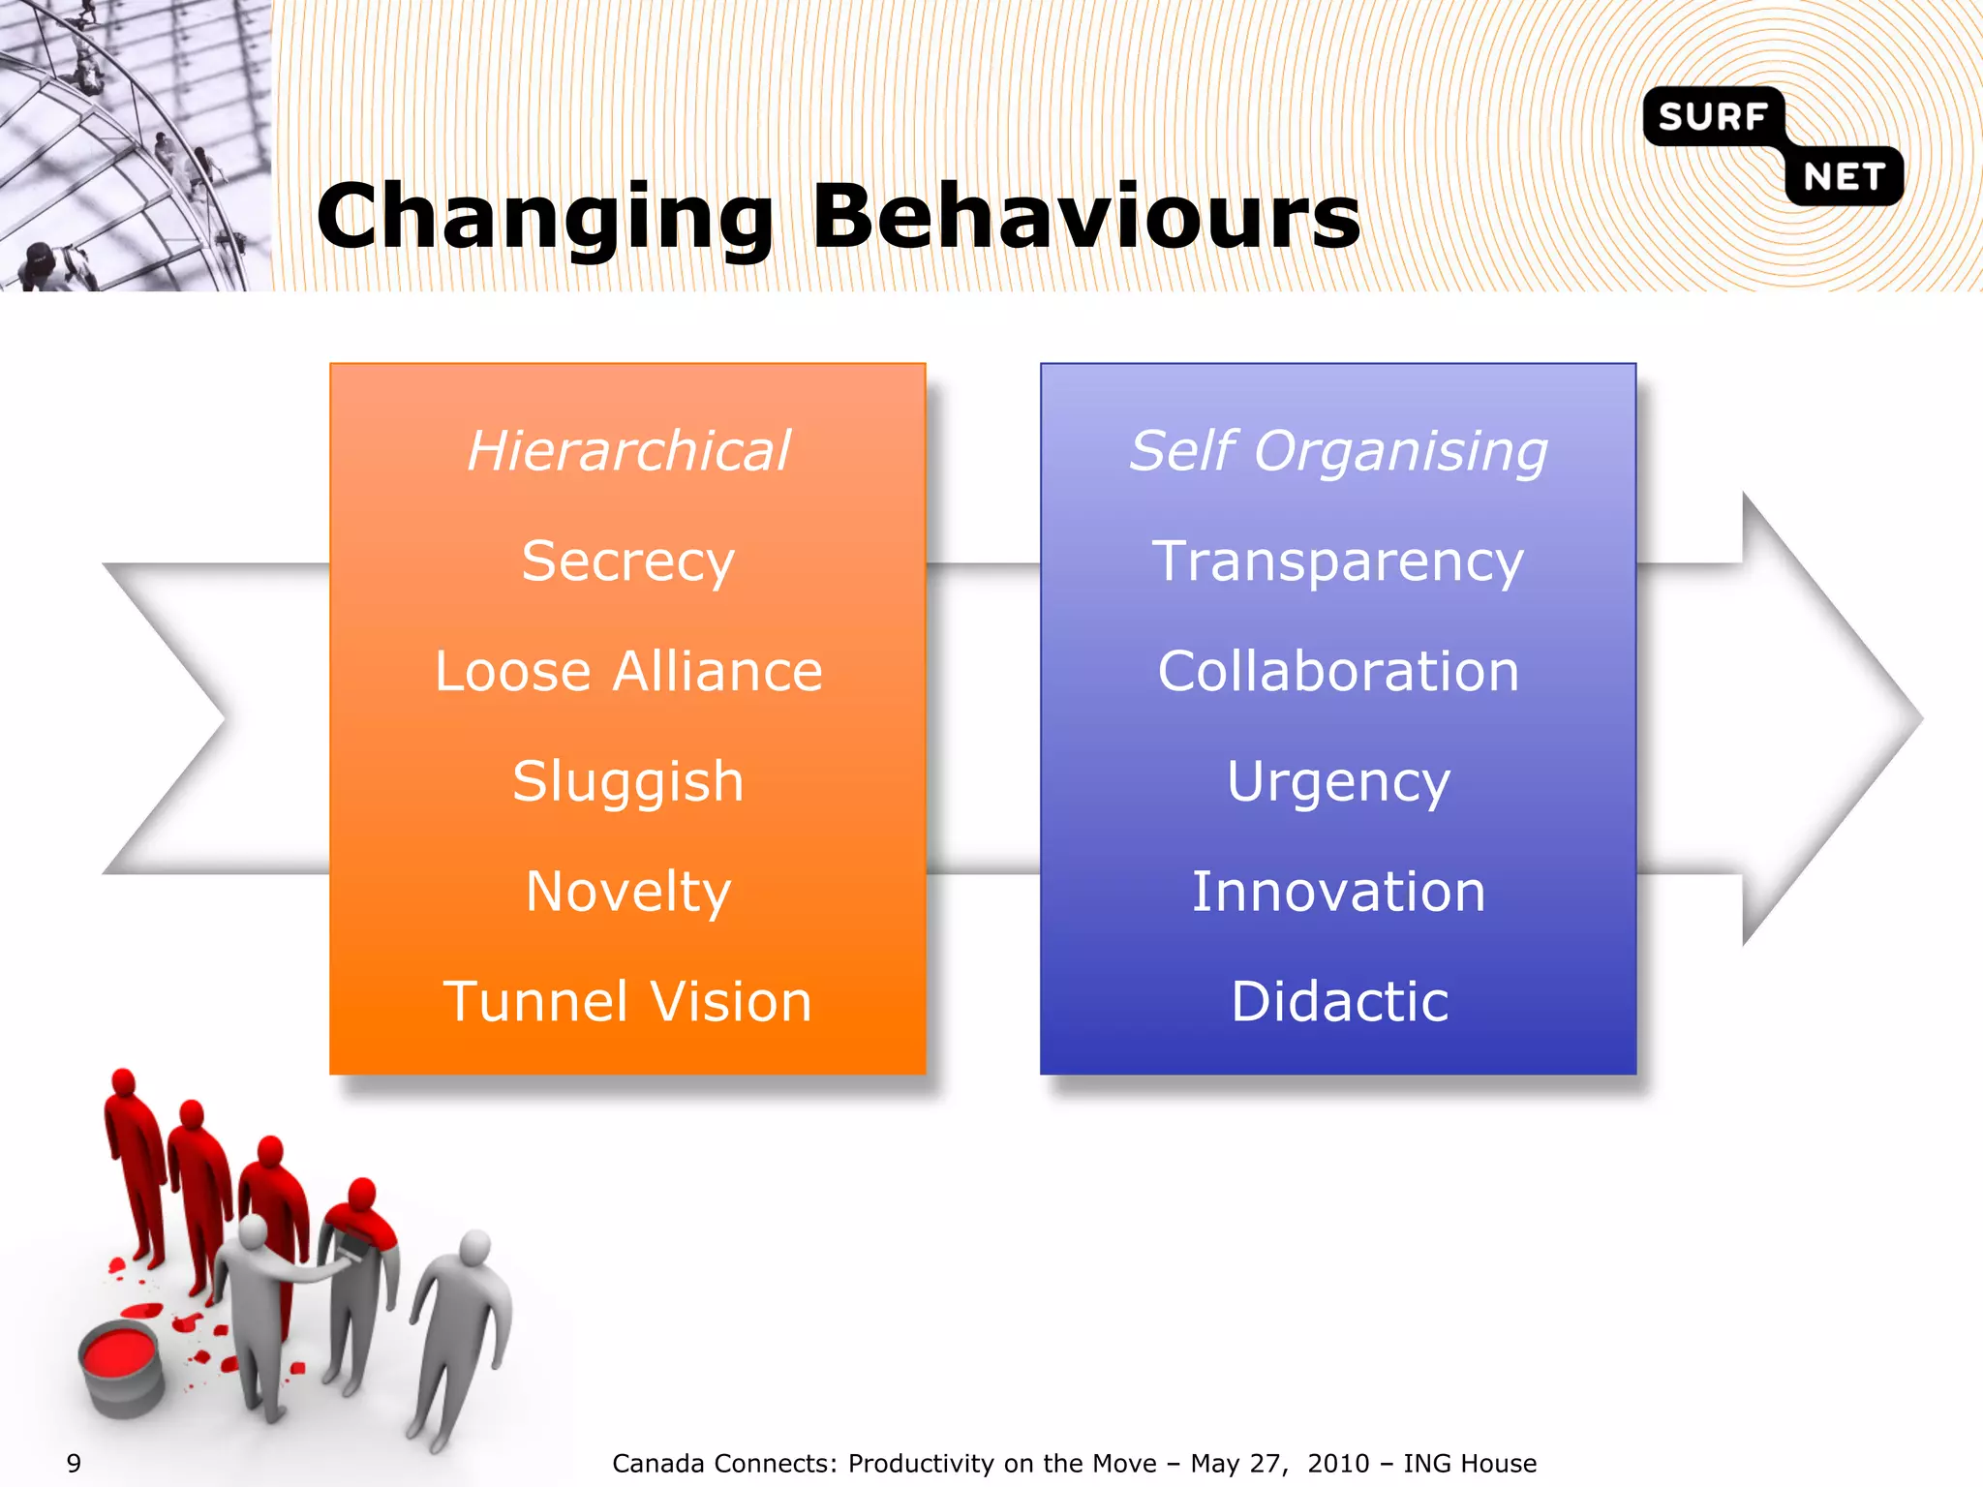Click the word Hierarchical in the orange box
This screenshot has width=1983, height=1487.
pos(628,451)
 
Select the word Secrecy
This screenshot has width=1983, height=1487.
pos(627,561)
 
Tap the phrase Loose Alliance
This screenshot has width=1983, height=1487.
pos(627,672)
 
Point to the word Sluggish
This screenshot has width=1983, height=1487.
pos(627,782)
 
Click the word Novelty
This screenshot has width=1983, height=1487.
pos(627,892)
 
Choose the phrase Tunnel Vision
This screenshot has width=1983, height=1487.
pos(627,1002)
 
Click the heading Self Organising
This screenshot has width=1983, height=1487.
pos(1338,451)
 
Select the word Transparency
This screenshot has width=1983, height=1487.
pos(1338,561)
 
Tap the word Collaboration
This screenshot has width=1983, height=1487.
pos(1338,672)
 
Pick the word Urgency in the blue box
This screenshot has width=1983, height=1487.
pos(1338,782)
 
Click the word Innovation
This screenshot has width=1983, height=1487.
pos(1338,892)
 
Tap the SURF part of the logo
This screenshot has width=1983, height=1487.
pos(1712,117)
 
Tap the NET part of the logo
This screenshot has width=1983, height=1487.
pos(1844,177)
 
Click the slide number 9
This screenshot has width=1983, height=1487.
pos(74,1463)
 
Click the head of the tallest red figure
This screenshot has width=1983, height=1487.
pos(123,1081)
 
